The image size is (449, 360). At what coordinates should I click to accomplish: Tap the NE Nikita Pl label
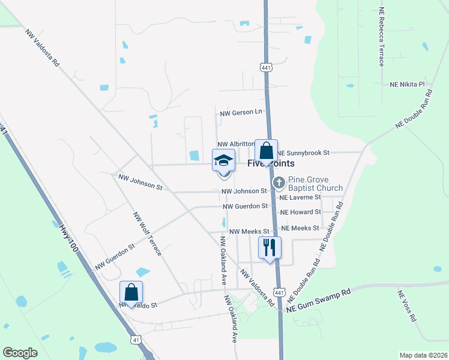pos(408,85)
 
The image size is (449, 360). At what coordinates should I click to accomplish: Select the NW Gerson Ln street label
pos(241,112)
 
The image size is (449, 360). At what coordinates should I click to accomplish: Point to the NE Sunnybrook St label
pos(303,154)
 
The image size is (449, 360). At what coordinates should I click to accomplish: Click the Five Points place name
pos(266,163)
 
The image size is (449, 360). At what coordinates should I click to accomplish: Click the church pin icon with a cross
pos(279,182)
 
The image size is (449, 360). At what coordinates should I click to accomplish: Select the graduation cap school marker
pos(223,161)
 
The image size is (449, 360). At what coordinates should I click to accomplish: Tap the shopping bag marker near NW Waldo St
pos(131,293)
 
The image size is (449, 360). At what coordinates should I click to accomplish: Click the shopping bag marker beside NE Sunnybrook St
pos(266,151)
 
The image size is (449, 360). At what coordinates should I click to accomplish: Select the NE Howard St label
pos(300,212)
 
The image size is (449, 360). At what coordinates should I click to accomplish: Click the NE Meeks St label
pos(300,228)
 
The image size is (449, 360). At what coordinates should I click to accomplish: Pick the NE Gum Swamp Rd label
pos(318,299)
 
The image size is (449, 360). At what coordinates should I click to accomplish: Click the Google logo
pos(20,353)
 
